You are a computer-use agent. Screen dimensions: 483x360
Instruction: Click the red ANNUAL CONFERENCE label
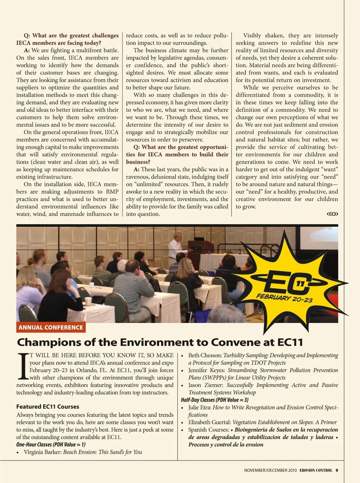51,327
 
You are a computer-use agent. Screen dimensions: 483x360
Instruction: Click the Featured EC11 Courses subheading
48,407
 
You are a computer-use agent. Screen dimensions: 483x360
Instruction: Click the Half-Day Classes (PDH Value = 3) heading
214,400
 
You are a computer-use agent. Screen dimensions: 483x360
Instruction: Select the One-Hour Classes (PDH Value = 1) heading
51,444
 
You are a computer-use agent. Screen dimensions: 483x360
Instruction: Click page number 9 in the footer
337,470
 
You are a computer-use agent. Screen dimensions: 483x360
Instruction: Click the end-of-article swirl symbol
332,214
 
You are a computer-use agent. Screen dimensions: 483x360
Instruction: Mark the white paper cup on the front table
88,301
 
